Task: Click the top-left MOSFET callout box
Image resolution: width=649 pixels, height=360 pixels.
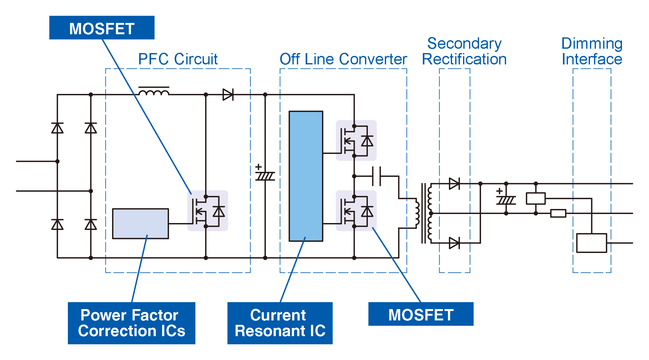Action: coord(102,28)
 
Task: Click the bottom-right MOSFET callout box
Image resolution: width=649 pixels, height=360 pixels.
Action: coord(421,314)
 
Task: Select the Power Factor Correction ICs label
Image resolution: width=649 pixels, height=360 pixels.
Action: coord(131,323)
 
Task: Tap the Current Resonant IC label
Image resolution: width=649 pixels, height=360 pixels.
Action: coord(280,323)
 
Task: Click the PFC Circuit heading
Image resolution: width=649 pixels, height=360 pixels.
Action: coord(178,59)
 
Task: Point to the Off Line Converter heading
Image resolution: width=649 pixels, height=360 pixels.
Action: coord(343,59)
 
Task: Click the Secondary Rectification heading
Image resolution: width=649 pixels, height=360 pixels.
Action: coord(464,51)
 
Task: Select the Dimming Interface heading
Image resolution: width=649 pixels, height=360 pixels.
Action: coord(592,51)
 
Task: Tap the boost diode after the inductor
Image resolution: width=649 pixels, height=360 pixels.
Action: coord(228,95)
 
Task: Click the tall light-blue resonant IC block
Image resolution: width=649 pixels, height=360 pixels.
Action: coord(306,176)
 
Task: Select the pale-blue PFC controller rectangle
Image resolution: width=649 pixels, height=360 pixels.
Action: coord(140,223)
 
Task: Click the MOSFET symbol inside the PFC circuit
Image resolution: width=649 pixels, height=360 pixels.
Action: coord(207,211)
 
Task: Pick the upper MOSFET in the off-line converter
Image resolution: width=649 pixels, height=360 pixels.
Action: coord(356,140)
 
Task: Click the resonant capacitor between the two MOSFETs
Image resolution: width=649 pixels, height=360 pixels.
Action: coord(376,176)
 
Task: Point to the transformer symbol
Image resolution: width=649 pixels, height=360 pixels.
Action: coord(424,213)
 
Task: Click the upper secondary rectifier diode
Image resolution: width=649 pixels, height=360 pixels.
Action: coord(454,183)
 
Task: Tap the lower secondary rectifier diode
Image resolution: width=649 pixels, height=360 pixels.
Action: coord(454,243)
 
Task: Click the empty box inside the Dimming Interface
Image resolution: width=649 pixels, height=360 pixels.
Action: coord(591,243)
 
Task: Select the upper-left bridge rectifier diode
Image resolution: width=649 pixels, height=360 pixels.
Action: coord(57,128)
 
